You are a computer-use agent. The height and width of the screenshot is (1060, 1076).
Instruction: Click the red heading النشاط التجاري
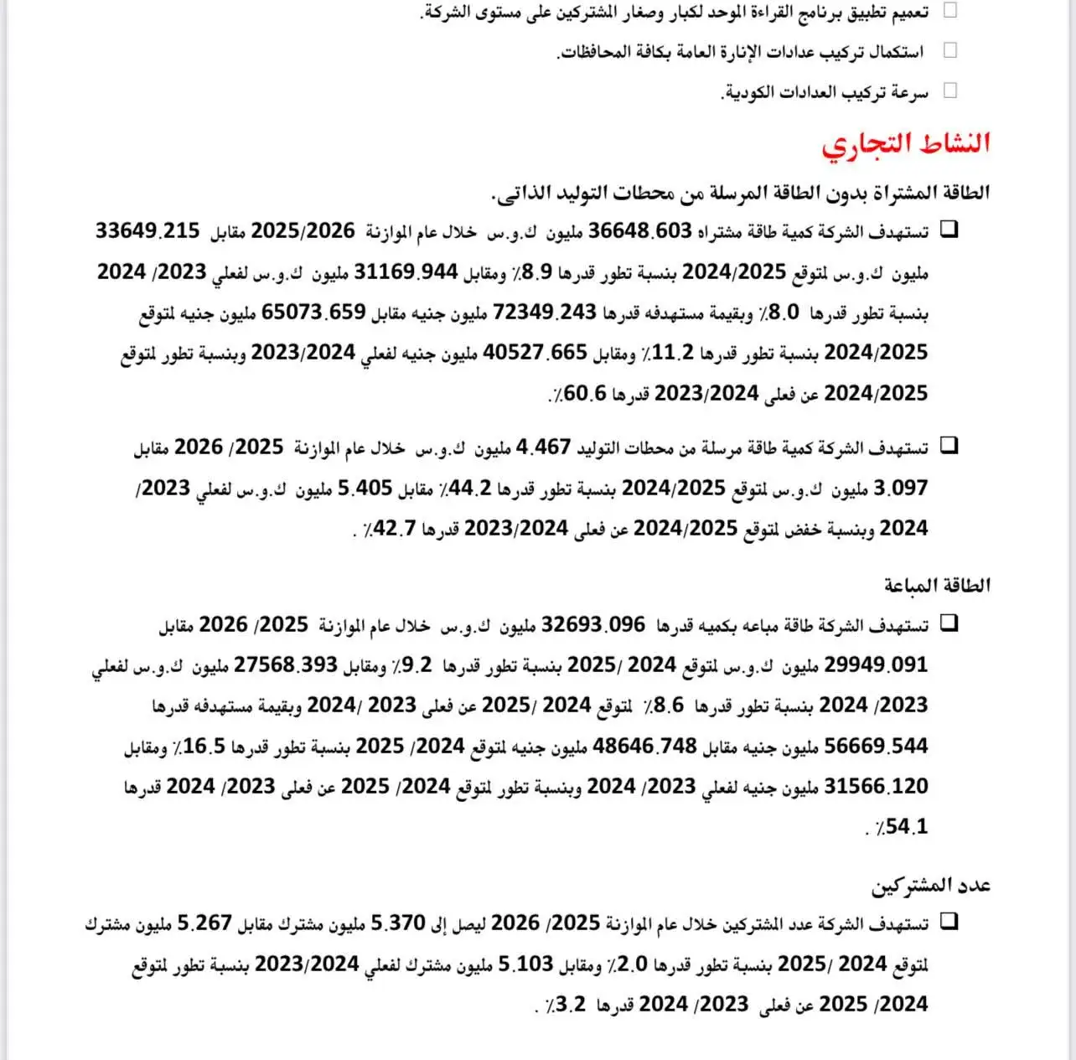click(906, 143)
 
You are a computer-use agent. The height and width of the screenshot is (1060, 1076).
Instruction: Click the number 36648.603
click(640, 231)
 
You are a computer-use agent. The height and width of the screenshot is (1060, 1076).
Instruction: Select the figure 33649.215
click(147, 230)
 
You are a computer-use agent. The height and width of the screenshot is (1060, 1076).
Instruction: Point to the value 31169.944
click(406, 271)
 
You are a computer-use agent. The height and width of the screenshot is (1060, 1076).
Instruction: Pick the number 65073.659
click(314, 312)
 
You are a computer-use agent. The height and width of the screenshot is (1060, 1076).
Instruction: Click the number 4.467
click(544, 447)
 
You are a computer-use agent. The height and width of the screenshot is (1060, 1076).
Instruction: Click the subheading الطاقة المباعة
click(937, 585)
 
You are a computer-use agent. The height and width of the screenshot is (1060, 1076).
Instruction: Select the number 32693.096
click(594, 625)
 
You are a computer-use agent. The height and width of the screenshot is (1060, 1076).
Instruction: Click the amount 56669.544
click(877, 746)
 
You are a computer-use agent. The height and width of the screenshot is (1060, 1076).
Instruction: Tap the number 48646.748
click(645, 746)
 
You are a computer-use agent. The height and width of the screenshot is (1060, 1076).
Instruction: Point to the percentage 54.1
click(906, 827)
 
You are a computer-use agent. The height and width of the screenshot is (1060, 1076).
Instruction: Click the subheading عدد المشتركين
click(931, 885)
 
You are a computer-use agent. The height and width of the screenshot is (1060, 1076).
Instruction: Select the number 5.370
click(398, 923)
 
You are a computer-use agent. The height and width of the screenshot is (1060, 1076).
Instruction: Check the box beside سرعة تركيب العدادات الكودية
click(949, 90)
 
